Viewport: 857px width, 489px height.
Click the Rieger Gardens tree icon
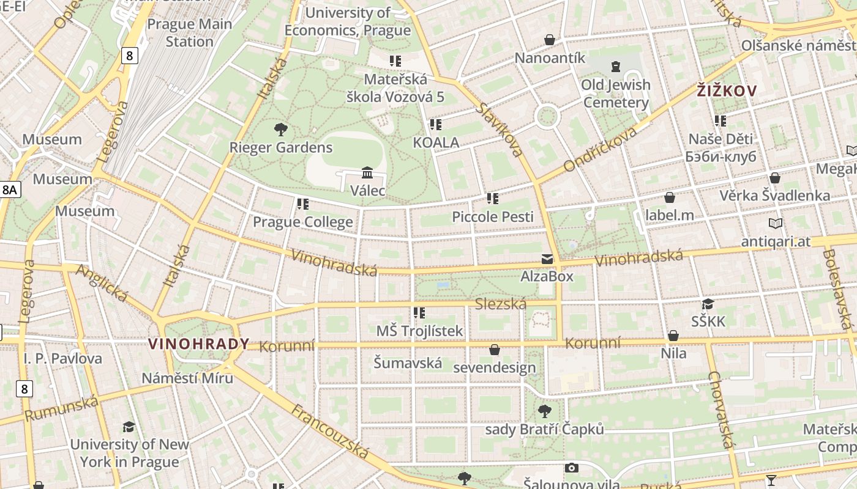(281, 129)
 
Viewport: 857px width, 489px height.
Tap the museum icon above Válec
(367, 172)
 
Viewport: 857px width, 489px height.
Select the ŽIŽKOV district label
(727, 91)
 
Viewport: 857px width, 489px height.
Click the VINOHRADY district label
(198, 344)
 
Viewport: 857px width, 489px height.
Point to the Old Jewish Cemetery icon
(615, 66)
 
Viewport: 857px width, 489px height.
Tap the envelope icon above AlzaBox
(547, 259)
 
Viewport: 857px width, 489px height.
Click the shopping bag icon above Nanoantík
(550, 40)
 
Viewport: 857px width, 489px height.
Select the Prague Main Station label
(190, 33)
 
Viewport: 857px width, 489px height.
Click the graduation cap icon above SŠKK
(708, 304)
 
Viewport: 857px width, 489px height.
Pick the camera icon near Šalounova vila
(571, 468)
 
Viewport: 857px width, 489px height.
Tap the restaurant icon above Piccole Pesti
(492, 198)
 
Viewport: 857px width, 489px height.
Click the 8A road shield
(10, 189)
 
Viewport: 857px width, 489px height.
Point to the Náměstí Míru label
(187, 378)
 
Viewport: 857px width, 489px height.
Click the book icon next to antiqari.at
(776, 224)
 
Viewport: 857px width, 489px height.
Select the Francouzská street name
(330, 432)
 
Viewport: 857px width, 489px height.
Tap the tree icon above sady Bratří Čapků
(544, 411)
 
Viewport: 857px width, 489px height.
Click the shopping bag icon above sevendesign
(494, 350)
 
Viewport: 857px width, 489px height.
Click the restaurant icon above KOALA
(435, 125)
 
